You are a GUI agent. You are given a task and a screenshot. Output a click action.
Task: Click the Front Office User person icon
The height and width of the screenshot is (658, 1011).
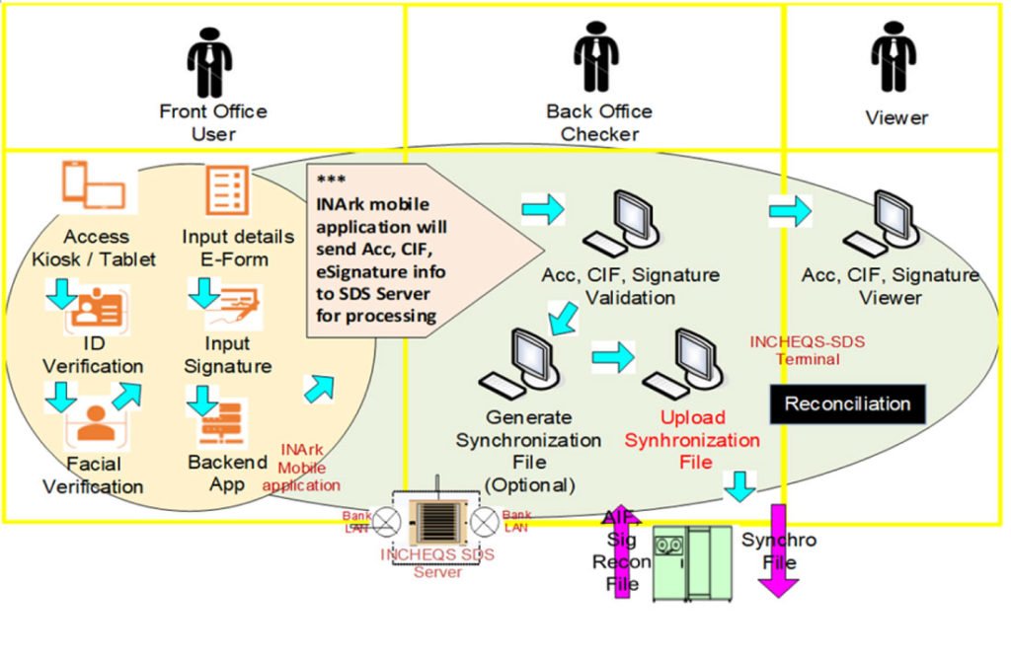210,61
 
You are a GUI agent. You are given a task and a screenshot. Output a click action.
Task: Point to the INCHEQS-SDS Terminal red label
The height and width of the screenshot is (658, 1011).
808,350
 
